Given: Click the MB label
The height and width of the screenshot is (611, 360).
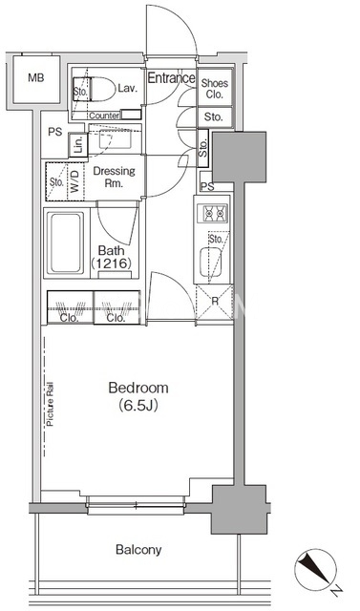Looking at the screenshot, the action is pyautogui.click(x=36, y=78).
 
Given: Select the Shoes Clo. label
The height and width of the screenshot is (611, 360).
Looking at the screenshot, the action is pyautogui.click(x=215, y=89).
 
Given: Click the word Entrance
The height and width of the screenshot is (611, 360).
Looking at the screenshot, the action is pyautogui.click(x=171, y=78).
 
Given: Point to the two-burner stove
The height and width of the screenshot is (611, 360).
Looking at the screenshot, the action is pyautogui.click(x=212, y=213).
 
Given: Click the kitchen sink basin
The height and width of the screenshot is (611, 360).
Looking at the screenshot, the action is pyautogui.click(x=210, y=262).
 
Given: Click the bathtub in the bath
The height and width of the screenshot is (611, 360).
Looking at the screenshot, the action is pyautogui.click(x=66, y=242).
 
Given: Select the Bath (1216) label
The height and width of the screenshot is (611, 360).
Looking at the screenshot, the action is pyautogui.click(x=111, y=257).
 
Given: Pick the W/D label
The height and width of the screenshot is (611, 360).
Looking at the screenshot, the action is pyautogui.click(x=74, y=181).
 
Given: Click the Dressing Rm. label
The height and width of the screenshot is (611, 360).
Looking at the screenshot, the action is pyautogui.click(x=114, y=177).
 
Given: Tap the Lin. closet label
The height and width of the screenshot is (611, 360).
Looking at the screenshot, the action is pyautogui.click(x=79, y=145).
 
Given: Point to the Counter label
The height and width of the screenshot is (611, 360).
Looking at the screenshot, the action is pyautogui.click(x=104, y=116).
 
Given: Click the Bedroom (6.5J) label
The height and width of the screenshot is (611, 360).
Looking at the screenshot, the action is pyautogui.click(x=138, y=397).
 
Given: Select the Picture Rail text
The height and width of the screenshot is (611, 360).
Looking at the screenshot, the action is pyautogui.click(x=50, y=404).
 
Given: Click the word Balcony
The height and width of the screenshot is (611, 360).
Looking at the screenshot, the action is pyautogui.click(x=138, y=550).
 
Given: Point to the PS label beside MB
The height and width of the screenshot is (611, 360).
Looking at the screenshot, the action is pyautogui.click(x=55, y=132).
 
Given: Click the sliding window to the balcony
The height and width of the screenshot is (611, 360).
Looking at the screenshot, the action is pyautogui.click(x=136, y=506).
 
